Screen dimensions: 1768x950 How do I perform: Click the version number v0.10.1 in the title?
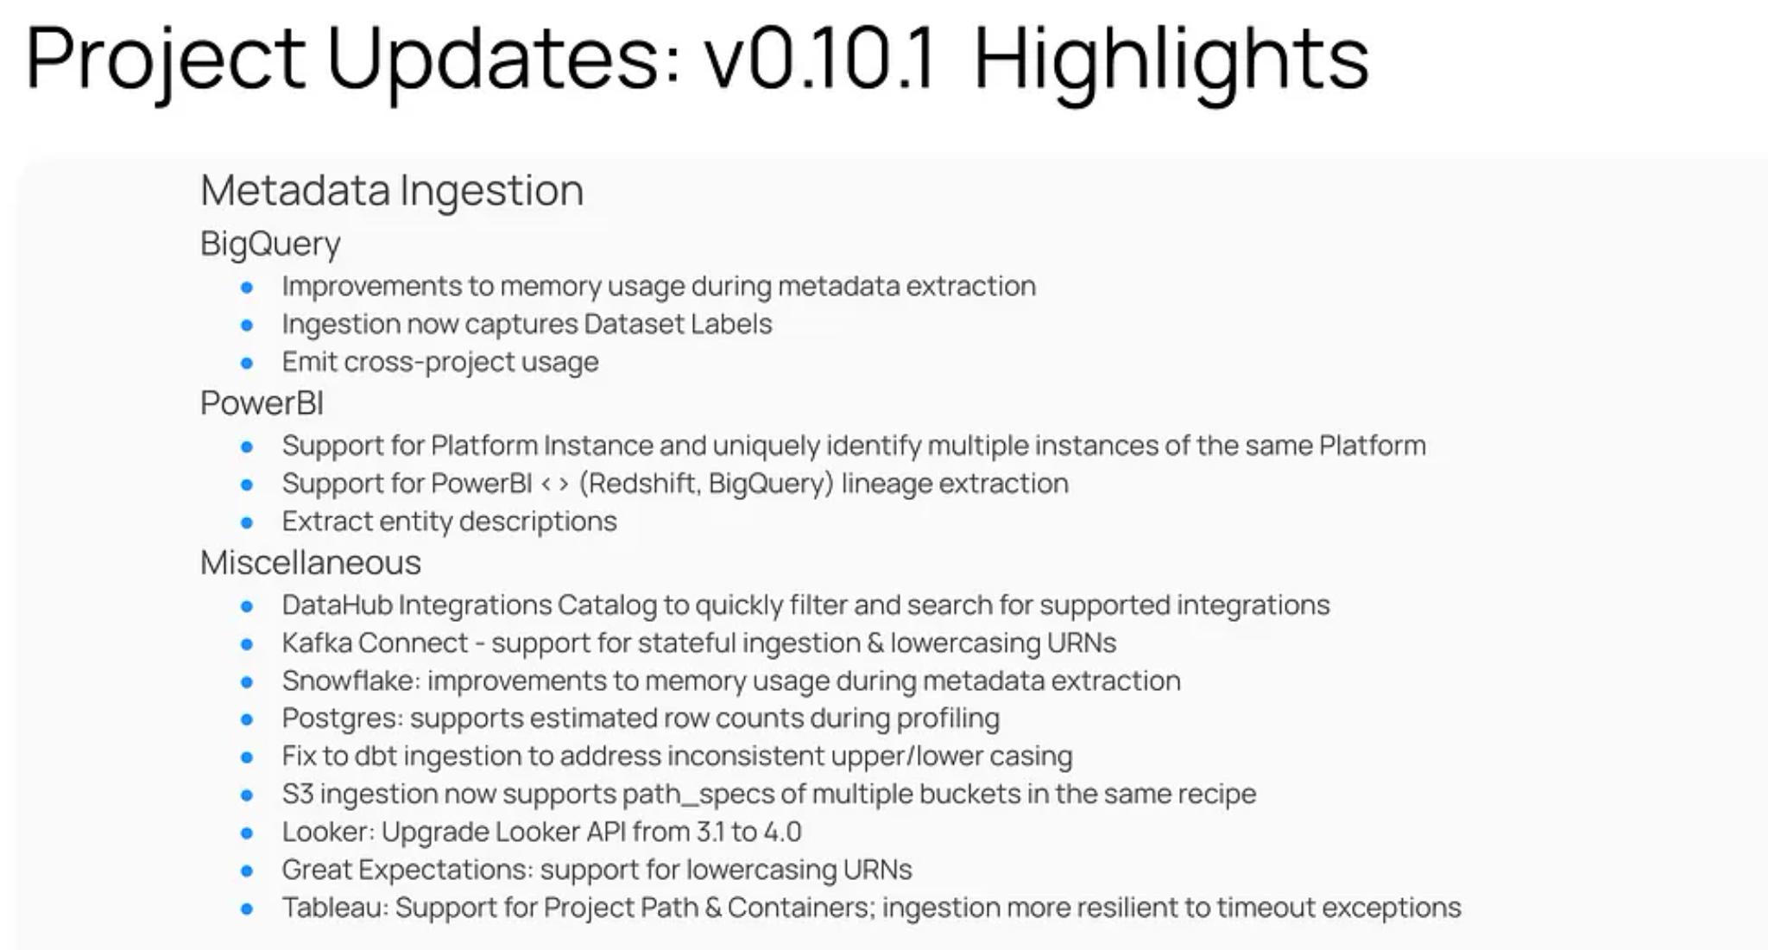click(819, 59)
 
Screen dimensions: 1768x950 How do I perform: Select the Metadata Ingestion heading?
click(392, 190)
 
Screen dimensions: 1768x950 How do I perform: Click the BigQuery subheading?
click(270, 244)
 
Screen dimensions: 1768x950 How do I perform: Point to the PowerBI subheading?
click(262, 402)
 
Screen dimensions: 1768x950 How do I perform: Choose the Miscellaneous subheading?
click(311, 562)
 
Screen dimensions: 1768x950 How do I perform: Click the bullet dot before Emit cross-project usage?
click(247, 363)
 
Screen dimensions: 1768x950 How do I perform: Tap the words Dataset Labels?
click(678, 324)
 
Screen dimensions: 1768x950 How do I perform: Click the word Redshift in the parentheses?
click(643, 483)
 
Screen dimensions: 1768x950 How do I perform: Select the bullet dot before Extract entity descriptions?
click(247, 522)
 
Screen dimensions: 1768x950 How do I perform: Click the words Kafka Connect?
click(375, 643)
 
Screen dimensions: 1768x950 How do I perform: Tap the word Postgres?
click(342, 719)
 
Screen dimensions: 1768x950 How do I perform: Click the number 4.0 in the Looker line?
click(782, 832)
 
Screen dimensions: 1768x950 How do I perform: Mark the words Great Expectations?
click(407, 870)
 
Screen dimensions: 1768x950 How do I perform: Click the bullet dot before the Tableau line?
click(247, 909)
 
